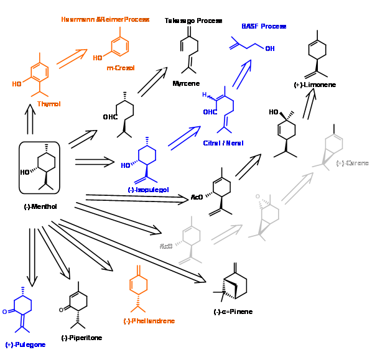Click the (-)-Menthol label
pyautogui.click(x=40, y=206)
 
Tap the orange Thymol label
pyautogui.click(x=49, y=104)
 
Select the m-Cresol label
pyautogui.click(x=121, y=68)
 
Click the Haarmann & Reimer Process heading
pyautogui.click(x=105, y=19)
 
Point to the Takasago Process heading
pyautogui.click(x=193, y=21)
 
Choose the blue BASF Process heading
pyautogui.click(x=264, y=26)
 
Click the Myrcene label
pyautogui.click(x=185, y=83)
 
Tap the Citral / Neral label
pyautogui.click(x=223, y=143)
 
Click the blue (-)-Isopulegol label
pyautogui.click(x=148, y=190)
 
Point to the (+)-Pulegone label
pyautogui.click(x=25, y=344)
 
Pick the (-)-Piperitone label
pyautogui.click(x=81, y=338)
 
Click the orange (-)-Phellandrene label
pyautogui.click(x=149, y=321)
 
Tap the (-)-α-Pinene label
pyautogui.click(x=233, y=312)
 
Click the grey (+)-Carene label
pyautogui.click(x=352, y=163)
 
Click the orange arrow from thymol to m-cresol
pyautogui.click(x=72, y=58)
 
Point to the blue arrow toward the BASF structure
pyautogui.click(x=242, y=74)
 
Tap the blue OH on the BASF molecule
pyautogui.click(x=269, y=48)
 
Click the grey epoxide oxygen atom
pyautogui.click(x=258, y=196)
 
